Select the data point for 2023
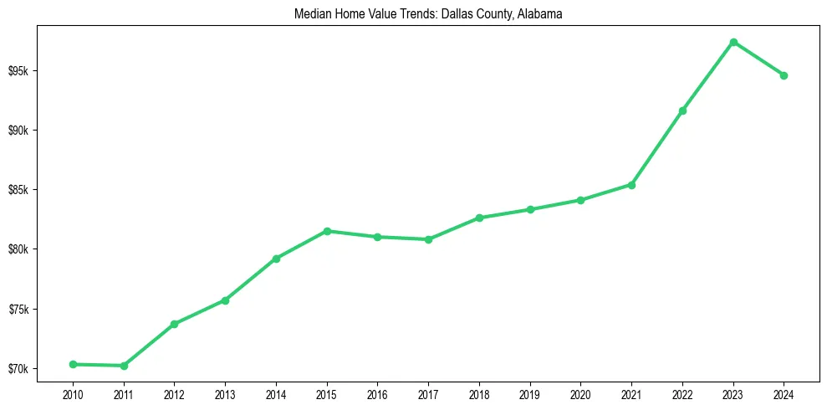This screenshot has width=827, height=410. click(x=733, y=42)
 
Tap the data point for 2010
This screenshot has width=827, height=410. click(x=73, y=364)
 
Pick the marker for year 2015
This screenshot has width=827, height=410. click(x=327, y=231)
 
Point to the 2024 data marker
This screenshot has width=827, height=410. click(x=784, y=75)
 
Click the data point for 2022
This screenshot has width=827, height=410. click(x=682, y=110)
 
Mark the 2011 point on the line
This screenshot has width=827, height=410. click(x=124, y=366)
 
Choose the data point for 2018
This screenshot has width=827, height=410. click(x=479, y=218)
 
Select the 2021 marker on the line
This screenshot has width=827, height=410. click(x=631, y=185)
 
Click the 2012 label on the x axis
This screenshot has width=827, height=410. click(x=174, y=393)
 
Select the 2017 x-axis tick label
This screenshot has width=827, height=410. click(x=428, y=393)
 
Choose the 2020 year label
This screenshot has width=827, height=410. click(x=580, y=393)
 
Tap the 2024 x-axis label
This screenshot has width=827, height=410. click(x=784, y=393)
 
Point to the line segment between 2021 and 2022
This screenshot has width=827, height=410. click(x=657, y=147)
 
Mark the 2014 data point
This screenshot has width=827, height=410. click(x=276, y=259)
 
